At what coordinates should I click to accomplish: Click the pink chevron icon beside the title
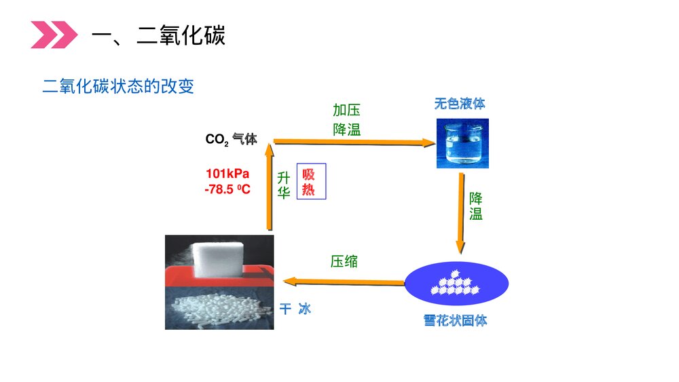[x=54, y=35]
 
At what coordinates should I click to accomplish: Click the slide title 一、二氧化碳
[x=158, y=35]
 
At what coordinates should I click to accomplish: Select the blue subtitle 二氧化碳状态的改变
[x=118, y=87]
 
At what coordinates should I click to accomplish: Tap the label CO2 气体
[x=231, y=139]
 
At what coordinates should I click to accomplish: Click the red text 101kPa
[x=227, y=173]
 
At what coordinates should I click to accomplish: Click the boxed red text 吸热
[x=311, y=181]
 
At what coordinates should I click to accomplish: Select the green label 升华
[x=284, y=185]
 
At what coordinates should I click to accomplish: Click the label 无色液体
[x=460, y=104]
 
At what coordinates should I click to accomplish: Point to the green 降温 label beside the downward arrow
[x=476, y=206]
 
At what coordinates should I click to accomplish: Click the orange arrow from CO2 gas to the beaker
[x=353, y=142]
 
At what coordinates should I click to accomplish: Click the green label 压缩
[x=344, y=261]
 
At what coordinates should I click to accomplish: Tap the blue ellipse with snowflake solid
[x=456, y=284]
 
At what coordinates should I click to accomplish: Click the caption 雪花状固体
[x=456, y=320]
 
